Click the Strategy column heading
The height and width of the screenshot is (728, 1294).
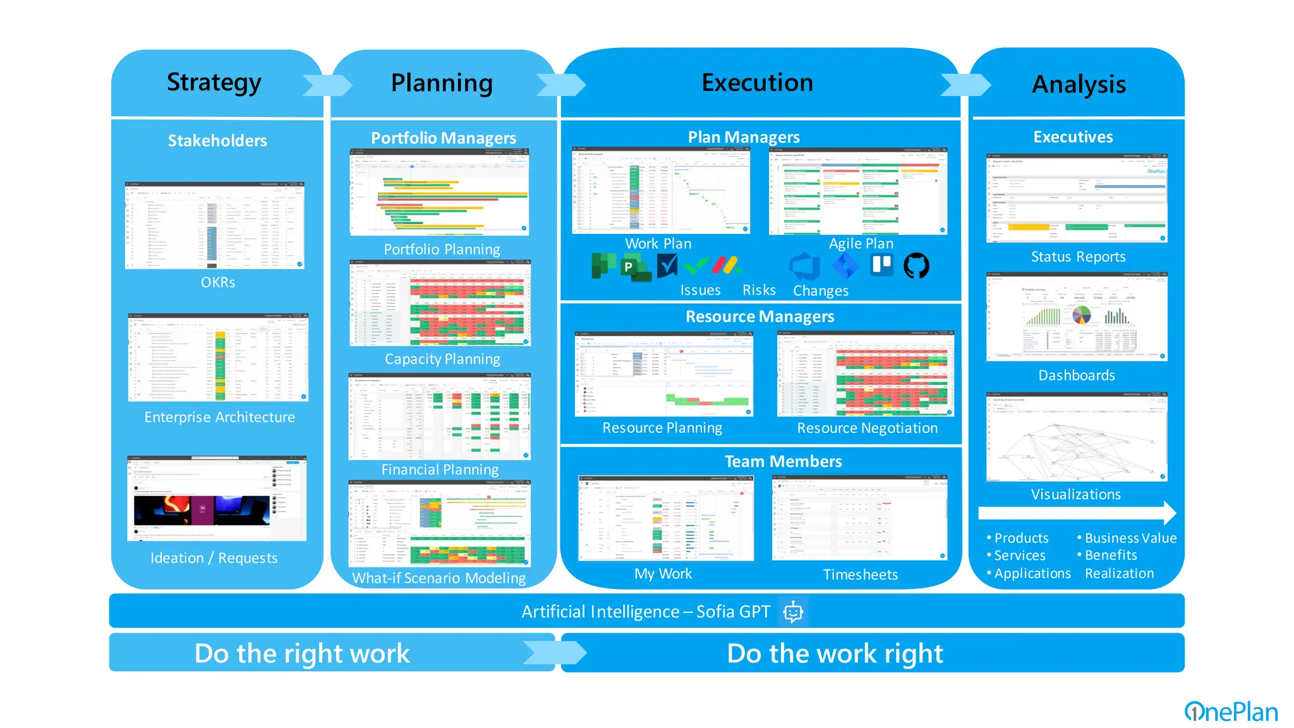pyautogui.click(x=214, y=83)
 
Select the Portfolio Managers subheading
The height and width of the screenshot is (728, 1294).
pyautogui.click(x=443, y=138)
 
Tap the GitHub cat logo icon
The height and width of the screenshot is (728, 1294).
pyautogui.click(x=916, y=266)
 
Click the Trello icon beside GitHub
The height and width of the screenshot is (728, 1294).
pyautogui.click(x=882, y=265)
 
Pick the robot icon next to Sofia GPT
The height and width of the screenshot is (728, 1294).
pyautogui.click(x=793, y=612)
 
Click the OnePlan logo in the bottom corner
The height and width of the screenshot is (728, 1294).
pyautogui.click(x=1231, y=712)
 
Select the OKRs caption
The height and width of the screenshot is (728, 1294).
pyautogui.click(x=218, y=282)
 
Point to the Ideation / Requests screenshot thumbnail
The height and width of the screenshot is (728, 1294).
pyautogui.click(x=217, y=498)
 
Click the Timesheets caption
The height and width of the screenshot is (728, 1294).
pyautogui.click(x=860, y=574)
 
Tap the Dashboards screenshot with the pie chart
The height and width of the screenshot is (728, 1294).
pyautogui.click(x=1077, y=317)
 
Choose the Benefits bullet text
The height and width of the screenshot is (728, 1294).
pyautogui.click(x=1111, y=555)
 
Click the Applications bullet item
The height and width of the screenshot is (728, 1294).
pyautogui.click(x=1032, y=574)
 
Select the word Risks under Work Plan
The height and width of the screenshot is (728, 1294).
pyautogui.click(x=759, y=290)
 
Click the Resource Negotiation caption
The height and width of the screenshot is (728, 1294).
pyautogui.click(x=867, y=428)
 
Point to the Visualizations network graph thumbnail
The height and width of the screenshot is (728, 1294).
pyautogui.click(x=1077, y=437)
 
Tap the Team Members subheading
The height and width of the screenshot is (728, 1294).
pyautogui.click(x=783, y=461)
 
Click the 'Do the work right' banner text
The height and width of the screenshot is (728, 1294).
pyautogui.click(x=835, y=653)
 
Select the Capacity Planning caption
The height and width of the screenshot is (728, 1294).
pyautogui.click(x=442, y=359)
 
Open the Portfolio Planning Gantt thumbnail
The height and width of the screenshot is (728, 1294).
pyautogui.click(x=440, y=192)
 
